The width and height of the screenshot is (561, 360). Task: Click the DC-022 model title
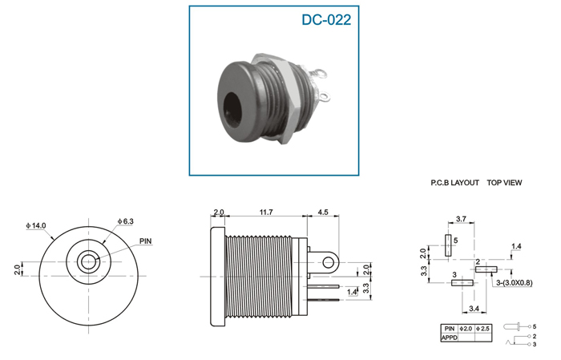(326, 20)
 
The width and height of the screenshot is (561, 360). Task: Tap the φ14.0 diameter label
(36, 226)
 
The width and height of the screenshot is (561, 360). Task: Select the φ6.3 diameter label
(126, 221)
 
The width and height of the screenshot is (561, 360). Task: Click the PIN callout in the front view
(146, 241)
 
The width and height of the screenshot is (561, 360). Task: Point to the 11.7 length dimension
(266, 212)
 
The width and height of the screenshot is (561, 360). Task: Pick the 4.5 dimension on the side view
(323, 212)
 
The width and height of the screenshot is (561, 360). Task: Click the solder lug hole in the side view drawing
(329, 263)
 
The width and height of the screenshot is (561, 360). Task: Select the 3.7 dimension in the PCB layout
(461, 219)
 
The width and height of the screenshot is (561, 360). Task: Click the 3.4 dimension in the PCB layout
(474, 309)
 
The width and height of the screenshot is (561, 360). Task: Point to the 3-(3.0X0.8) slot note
(515, 283)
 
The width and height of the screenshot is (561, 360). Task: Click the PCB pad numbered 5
(448, 245)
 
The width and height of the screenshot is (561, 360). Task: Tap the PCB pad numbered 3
(462, 283)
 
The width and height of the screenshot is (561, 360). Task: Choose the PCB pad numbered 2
(486, 269)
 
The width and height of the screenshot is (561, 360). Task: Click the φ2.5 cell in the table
(483, 329)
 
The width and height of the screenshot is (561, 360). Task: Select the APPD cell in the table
(450, 338)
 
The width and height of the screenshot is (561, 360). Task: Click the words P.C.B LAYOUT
(454, 183)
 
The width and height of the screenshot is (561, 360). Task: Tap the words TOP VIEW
(504, 183)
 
